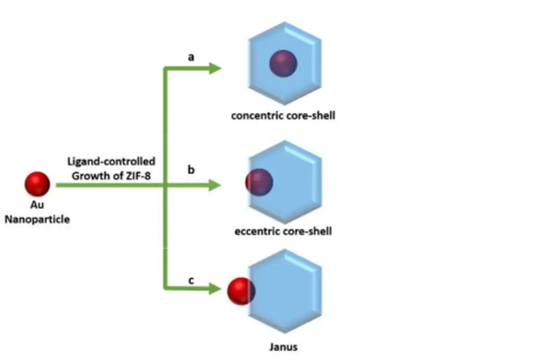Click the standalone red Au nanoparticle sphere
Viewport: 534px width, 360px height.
click(37, 184)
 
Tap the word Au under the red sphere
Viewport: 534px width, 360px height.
click(37, 206)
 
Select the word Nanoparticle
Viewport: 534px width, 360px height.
click(37, 219)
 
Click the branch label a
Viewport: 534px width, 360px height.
click(191, 57)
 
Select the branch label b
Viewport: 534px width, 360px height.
click(191, 170)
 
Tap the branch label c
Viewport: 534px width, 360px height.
click(191, 280)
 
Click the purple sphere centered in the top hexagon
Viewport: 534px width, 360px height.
click(283, 63)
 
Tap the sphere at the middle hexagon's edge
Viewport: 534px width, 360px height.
click(259, 182)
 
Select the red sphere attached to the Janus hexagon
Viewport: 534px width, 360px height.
click(241, 291)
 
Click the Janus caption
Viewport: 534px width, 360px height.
click(284, 347)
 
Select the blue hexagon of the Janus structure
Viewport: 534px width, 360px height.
click(289, 292)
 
